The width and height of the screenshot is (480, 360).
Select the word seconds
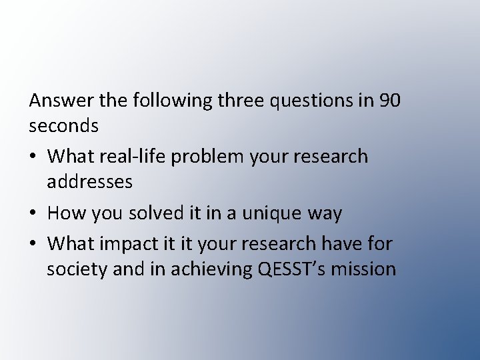64,125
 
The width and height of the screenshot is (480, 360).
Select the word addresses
90,181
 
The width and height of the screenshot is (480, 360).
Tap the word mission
367,269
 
